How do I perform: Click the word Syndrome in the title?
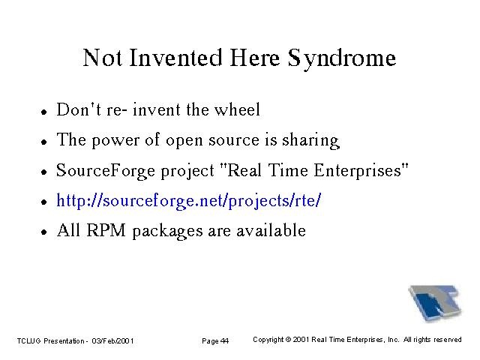[342, 59]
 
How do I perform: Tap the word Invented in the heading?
[175, 58]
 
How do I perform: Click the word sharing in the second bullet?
[310, 141]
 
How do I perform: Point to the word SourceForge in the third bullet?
[106, 172]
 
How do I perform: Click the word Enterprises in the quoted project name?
[358, 171]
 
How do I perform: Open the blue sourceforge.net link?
[188, 202]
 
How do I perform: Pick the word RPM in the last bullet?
[106, 230]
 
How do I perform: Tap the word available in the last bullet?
[271, 230]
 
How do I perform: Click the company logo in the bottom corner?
[435, 303]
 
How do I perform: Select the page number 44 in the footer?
[224, 340]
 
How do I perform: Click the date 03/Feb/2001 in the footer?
[112, 340]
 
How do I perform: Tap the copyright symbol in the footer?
[288, 340]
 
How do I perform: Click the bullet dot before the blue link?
[44, 202]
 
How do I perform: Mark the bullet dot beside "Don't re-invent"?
[44, 112]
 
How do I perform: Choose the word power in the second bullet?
[115, 141]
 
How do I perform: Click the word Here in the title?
[255, 58]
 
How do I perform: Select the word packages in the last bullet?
[167, 232]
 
